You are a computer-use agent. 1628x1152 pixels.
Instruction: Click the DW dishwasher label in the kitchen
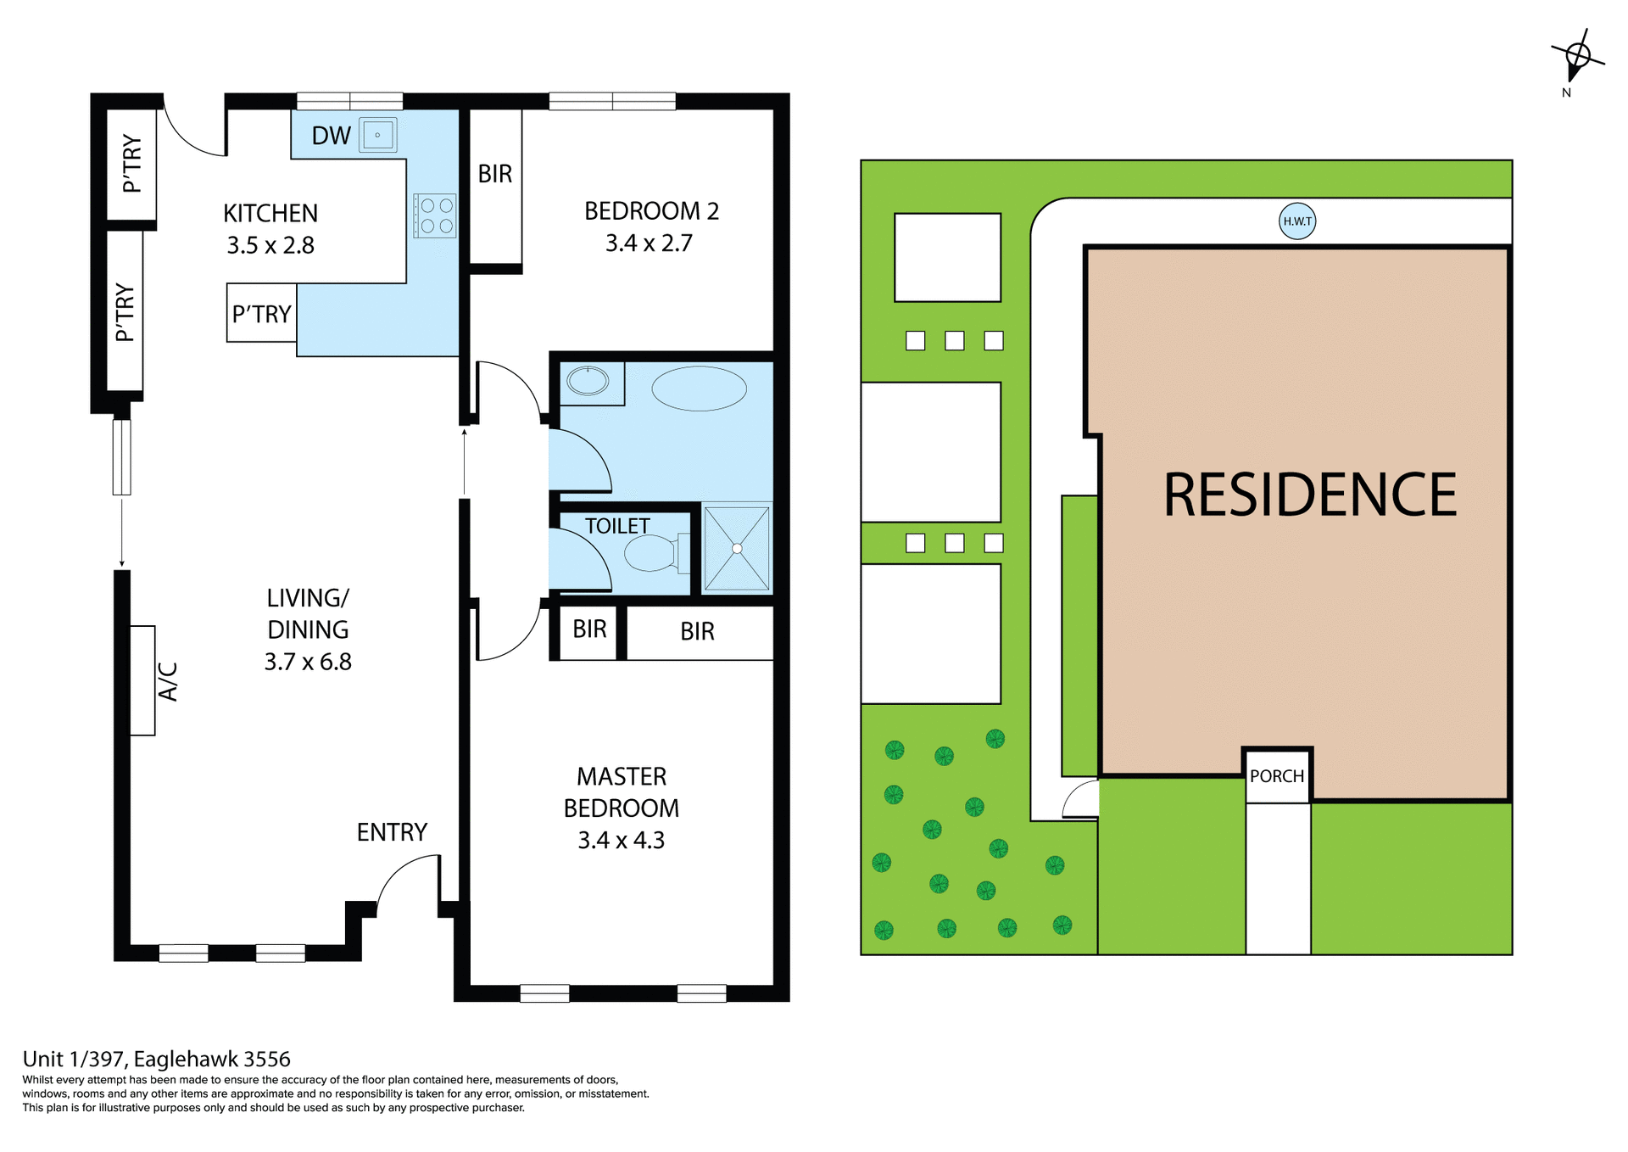click(331, 136)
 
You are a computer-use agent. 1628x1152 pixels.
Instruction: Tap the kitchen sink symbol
click(377, 135)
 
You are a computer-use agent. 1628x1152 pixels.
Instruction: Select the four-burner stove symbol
click(436, 215)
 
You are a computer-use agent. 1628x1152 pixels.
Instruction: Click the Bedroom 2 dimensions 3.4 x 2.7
click(649, 243)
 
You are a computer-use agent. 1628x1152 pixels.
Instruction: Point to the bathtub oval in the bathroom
click(699, 389)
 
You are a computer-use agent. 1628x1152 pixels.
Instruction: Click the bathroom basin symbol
click(588, 382)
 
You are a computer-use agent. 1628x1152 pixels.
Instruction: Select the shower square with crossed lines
click(737, 548)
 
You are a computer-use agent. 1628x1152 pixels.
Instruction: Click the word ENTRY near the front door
click(392, 832)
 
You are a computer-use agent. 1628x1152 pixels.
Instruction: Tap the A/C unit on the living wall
click(142, 680)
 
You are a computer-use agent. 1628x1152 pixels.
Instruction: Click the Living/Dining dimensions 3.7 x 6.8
click(308, 662)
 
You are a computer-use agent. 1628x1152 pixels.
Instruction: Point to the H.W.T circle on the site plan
click(1296, 221)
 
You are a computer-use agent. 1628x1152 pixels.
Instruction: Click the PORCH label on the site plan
click(1277, 776)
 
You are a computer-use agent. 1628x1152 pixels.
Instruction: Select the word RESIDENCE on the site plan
click(1309, 495)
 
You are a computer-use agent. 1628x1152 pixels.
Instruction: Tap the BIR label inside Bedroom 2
click(495, 174)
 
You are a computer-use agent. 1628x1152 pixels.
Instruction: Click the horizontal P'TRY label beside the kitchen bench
click(261, 314)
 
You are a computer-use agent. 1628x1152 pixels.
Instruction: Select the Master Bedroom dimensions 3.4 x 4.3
click(622, 841)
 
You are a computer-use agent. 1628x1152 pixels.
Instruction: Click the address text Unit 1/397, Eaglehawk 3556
click(157, 1059)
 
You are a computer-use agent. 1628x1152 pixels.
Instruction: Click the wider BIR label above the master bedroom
click(697, 632)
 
